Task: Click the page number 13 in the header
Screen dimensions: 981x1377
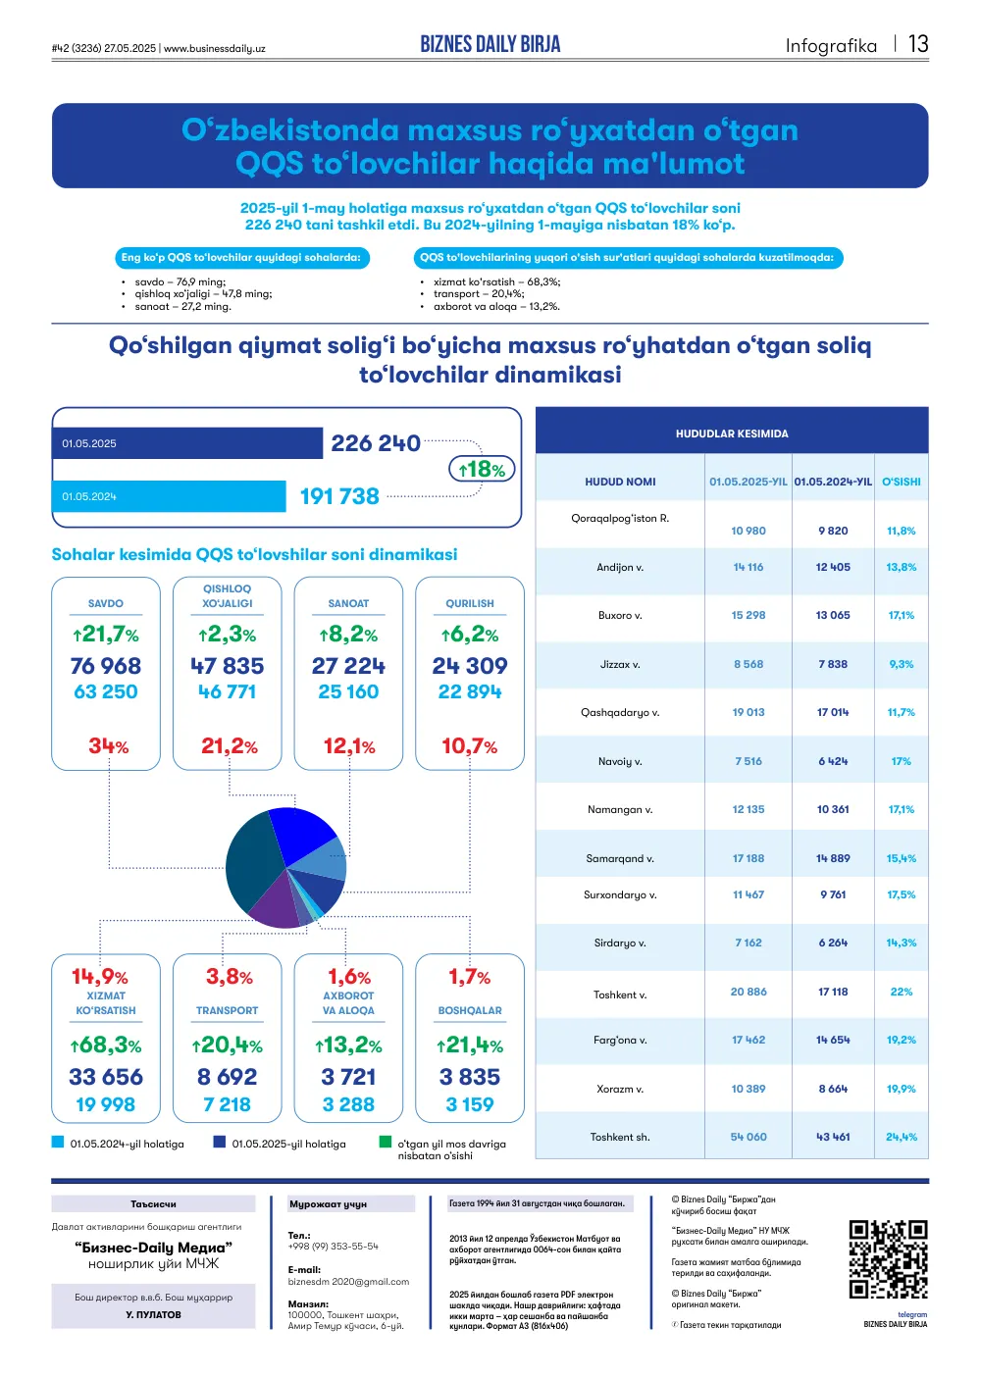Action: pyautogui.click(x=917, y=44)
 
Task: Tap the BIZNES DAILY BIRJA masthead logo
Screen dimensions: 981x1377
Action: pyautogui.click(x=490, y=44)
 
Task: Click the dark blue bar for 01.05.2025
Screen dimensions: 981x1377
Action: pyautogui.click(x=187, y=443)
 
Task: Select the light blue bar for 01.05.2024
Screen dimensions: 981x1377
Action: pyautogui.click(x=169, y=496)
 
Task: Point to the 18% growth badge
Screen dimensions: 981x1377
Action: pyautogui.click(x=482, y=469)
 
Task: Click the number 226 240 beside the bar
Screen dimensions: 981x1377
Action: pyautogui.click(x=375, y=443)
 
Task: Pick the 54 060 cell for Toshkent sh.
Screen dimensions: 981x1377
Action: pyautogui.click(x=749, y=1137)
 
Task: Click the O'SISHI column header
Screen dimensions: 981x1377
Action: pyautogui.click(x=901, y=482)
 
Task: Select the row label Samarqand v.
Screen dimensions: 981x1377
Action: pyautogui.click(x=620, y=858)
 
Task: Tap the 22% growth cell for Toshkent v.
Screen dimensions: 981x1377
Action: pyautogui.click(x=901, y=992)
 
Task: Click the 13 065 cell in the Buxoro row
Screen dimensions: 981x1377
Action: pyautogui.click(x=833, y=615)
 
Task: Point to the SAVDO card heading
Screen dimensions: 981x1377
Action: pyautogui.click(x=106, y=603)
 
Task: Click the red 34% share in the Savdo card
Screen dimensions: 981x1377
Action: pyautogui.click(x=108, y=745)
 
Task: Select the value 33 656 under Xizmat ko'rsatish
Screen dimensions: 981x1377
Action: pyautogui.click(x=106, y=1077)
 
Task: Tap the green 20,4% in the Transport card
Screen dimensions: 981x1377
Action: pyautogui.click(x=227, y=1045)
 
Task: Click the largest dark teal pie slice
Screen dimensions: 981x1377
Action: pyautogui.click(x=252, y=864)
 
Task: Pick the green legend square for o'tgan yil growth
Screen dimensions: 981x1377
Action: pyautogui.click(x=386, y=1142)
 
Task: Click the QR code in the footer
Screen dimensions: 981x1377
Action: pyautogui.click(x=888, y=1259)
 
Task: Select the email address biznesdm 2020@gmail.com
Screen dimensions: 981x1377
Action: pyautogui.click(x=348, y=1282)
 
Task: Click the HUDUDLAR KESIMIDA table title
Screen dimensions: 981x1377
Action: pyautogui.click(x=732, y=433)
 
